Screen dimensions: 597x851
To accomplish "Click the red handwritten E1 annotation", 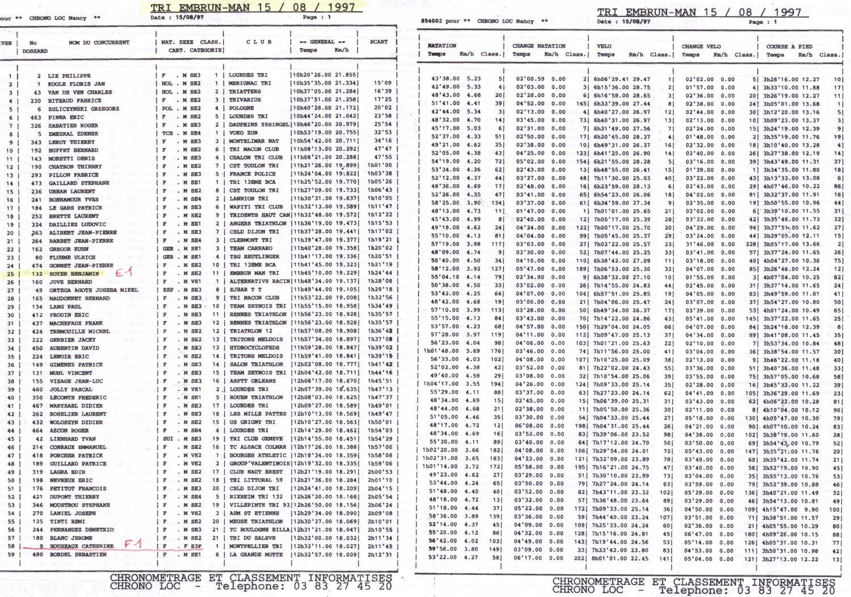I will click(124, 272).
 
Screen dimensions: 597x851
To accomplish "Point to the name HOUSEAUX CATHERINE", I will click(82, 546).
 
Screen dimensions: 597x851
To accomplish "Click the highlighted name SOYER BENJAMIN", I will click(74, 274).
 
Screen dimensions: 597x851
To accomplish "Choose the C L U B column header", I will click(259, 42).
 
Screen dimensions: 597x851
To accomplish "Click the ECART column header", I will click(378, 42).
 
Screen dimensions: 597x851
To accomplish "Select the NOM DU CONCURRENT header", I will click(99, 43).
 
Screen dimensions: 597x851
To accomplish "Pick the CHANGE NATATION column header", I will click(539, 46).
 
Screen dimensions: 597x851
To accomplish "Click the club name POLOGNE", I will click(242, 108).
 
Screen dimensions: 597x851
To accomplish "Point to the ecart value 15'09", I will click(382, 83).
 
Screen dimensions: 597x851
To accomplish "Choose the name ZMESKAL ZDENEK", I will click(73, 134).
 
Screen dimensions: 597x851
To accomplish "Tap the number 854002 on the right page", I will click(431, 21).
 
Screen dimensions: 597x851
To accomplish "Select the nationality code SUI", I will click(167, 439).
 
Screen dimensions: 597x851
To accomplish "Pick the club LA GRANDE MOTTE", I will click(256, 554).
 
